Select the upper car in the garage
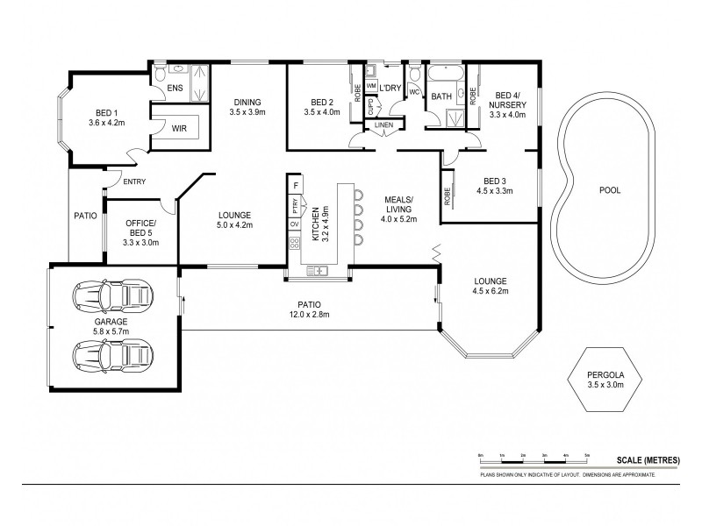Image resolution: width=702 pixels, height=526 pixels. pyautogui.click(x=111, y=298)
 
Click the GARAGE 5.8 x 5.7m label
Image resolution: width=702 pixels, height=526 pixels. pyautogui.click(x=111, y=327)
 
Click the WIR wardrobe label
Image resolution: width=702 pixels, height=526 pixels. pyautogui.click(x=179, y=128)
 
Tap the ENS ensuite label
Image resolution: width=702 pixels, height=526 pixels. pyautogui.click(x=175, y=88)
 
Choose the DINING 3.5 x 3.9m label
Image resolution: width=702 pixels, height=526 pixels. pyautogui.click(x=247, y=107)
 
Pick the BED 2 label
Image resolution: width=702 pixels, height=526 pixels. pyautogui.click(x=319, y=107)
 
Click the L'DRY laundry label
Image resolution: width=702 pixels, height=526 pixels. pyautogui.click(x=390, y=89)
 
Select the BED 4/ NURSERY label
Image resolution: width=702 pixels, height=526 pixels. pyautogui.click(x=510, y=104)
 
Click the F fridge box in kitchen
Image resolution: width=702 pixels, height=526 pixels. pyautogui.click(x=296, y=186)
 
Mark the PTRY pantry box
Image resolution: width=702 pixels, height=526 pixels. pyautogui.click(x=296, y=207)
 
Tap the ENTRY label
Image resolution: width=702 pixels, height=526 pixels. pyautogui.click(x=134, y=181)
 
